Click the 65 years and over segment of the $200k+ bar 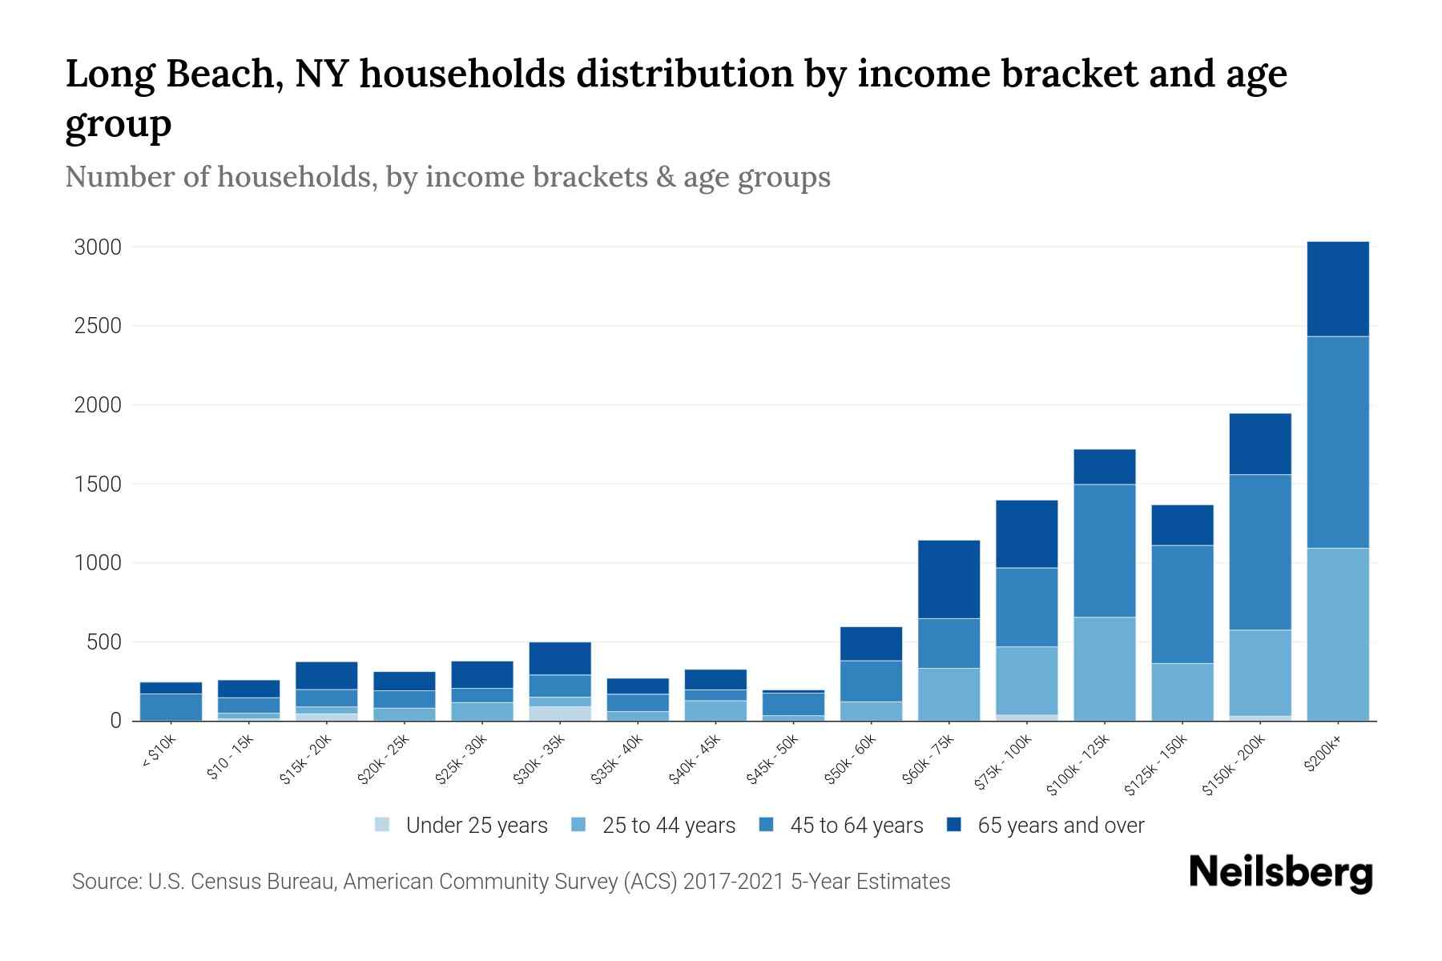[1337, 289]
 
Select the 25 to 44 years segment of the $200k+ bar [1337, 634]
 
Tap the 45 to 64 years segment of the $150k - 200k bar [1259, 553]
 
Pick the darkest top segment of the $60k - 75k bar [949, 579]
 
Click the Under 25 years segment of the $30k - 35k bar [559, 713]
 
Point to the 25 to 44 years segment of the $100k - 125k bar [1104, 669]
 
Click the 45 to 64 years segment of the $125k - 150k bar [1182, 604]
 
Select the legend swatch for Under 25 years [382, 825]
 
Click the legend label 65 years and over [1060, 826]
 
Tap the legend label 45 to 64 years [856, 826]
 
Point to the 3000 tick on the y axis [98, 247]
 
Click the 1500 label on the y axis [98, 485]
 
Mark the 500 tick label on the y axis [104, 642]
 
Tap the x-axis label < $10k [159, 754]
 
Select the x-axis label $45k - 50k [771, 760]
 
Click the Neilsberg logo [1280, 873]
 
